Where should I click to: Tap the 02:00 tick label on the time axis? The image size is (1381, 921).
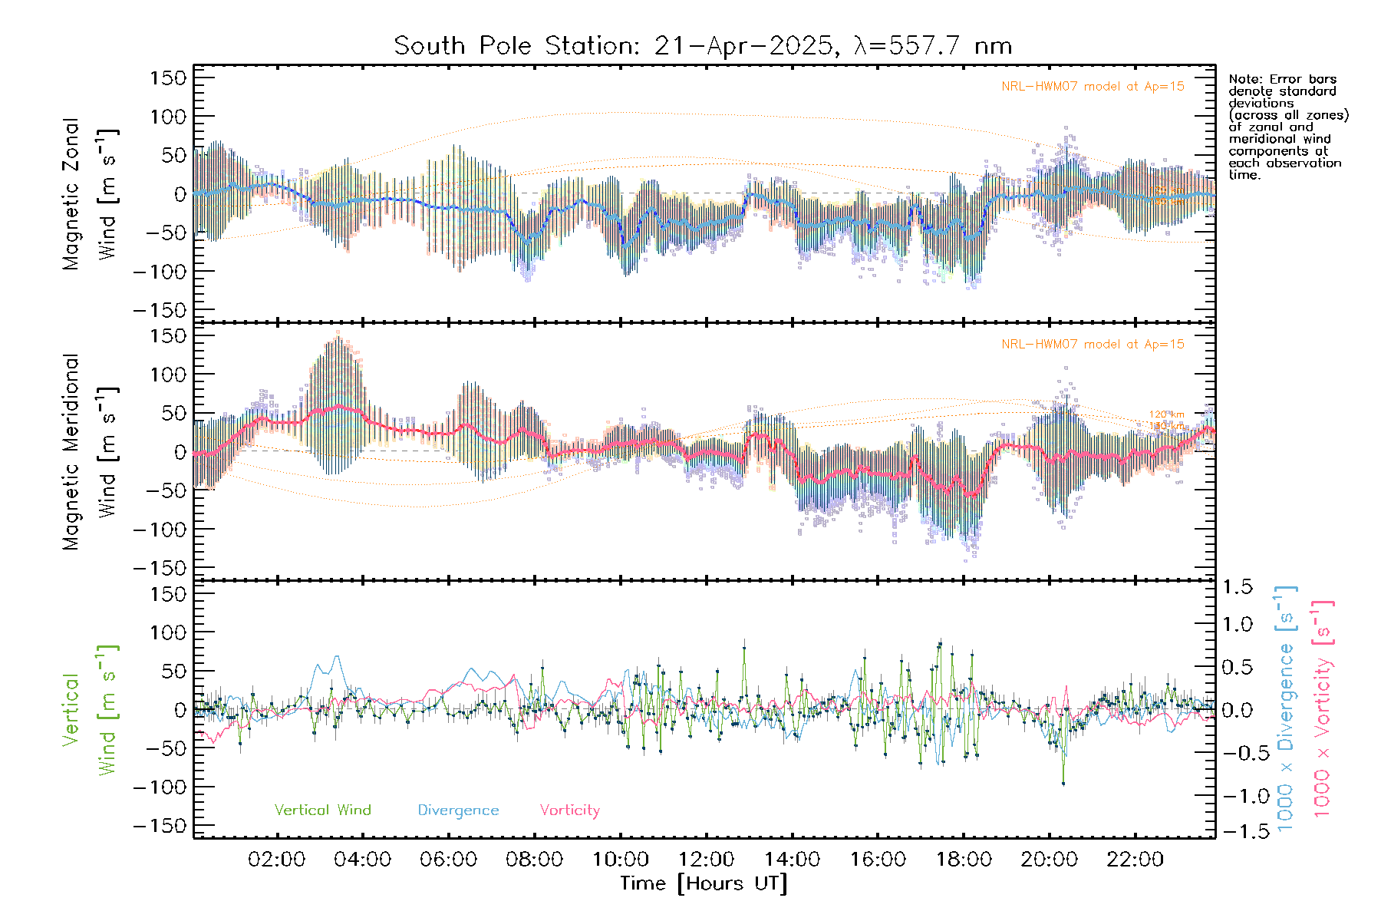pyautogui.click(x=276, y=860)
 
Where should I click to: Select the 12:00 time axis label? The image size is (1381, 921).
pyautogui.click(x=706, y=860)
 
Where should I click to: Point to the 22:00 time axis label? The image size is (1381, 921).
pyautogui.click(x=1135, y=860)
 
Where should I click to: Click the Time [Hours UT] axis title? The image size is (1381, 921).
pyautogui.click(x=704, y=883)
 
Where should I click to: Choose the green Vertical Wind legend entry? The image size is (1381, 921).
pyautogui.click(x=322, y=810)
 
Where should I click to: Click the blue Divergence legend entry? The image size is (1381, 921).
pyautogui.click(x=458, y=810)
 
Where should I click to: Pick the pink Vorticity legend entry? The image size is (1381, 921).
pyautogui.click(x=569, y=810)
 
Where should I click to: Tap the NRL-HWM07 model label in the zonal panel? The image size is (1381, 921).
pyautogui.click(x=1093, y=87)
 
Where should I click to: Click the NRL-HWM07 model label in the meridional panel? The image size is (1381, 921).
pyautogui.click(x=1093, y=345)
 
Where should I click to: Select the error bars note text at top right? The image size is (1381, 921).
pyautogui.click(x=1287, y=127)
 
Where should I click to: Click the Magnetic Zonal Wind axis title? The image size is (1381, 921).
pyautogui.click(x=91, y=194)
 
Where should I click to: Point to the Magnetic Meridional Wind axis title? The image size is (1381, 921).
pyautogui.click(x=91, y=452)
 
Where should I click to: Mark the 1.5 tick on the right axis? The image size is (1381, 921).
pyautogui.click(x=1237, y=587)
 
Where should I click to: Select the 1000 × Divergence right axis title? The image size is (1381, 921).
pyautogui.click(x=1286, y=709)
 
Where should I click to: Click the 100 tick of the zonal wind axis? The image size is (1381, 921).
pyautogui.click(x=169, y=117)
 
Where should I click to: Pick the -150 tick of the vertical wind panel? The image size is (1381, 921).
pyautogui.click(x=160, y=826)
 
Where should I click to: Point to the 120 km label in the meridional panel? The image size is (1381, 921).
pyautogui.click(x=1166, y=414)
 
